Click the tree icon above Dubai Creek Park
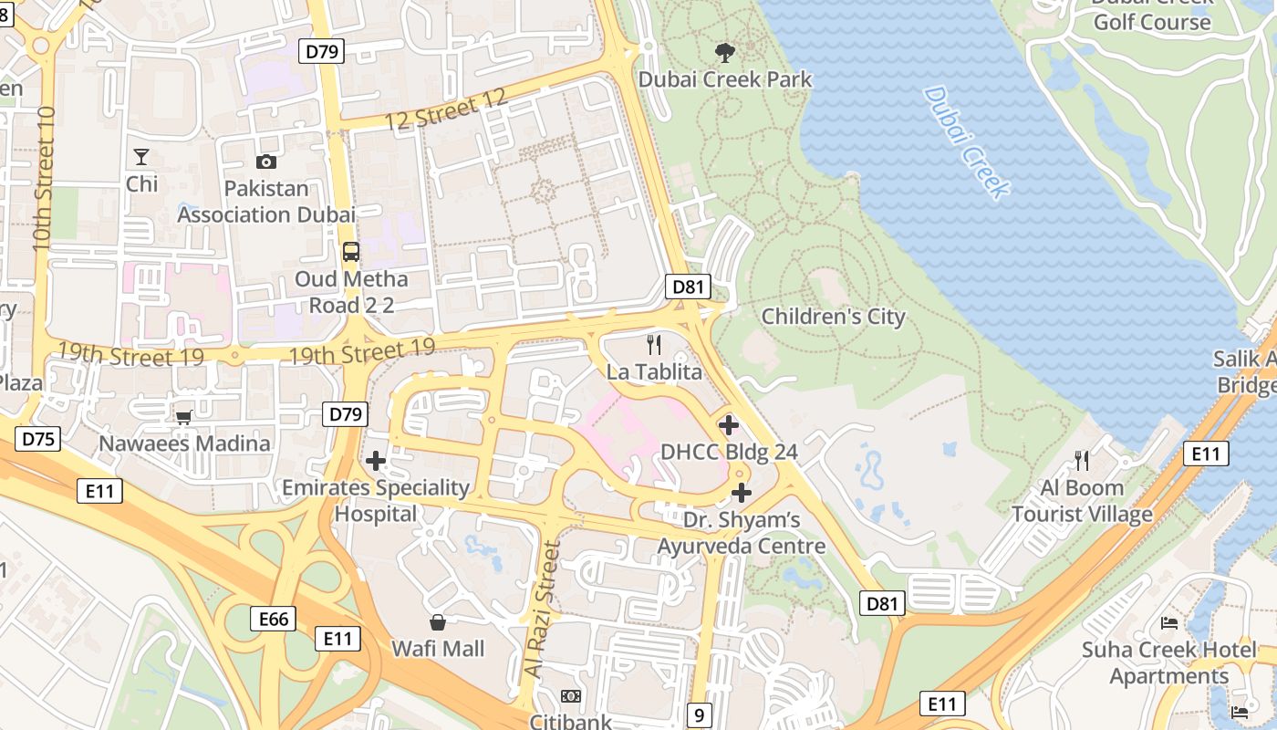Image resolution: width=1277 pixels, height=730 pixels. click(x=725, y=53)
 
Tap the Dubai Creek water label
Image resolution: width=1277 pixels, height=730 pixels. click(x=966, y=141)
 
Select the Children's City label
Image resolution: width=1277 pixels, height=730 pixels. click(x=833, y=317)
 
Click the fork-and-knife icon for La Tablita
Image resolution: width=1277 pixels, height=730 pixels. click(x=654, y=344)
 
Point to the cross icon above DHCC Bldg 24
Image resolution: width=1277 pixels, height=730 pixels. click(x=729, y=424)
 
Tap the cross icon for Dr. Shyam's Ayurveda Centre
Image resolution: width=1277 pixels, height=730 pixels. click(x=742, y=493)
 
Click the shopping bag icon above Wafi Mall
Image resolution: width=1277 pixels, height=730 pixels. click(x=438, y=622)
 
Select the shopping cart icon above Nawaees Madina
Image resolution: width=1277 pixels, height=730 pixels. click(x=183, y=417)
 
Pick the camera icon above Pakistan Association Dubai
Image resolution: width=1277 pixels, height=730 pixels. click(x=266, y=162)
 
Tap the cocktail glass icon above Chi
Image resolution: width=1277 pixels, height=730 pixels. click(x=141, y=157)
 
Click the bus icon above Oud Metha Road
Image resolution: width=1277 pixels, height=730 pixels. click(x=351, y=252)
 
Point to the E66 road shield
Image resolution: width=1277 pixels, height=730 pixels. click(x=273, y=620)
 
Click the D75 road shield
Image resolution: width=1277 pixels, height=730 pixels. click(x=38, y=439)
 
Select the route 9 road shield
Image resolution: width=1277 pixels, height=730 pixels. click(x=699, y=715)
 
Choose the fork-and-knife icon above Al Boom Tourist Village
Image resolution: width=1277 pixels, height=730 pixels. click(x=1082, y=460)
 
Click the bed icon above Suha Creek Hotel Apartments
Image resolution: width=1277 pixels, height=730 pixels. click(x=1169, y=623)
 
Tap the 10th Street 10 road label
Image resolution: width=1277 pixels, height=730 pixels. click(x=44, y=178)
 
